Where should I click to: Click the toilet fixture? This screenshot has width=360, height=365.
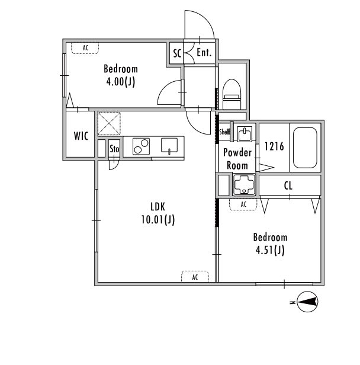pos(232,94)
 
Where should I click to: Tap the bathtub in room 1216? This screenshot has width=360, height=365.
pos(305,148)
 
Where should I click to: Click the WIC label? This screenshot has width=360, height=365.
pos(81,136)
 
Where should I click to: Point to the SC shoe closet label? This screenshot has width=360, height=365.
pos(177,53)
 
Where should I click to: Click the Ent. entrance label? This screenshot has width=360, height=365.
pos(204,52)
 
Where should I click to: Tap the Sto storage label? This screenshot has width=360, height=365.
pos(114,149)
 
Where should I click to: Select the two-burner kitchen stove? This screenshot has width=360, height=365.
pos(141,146)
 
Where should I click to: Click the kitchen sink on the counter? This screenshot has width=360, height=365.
pos(169,146)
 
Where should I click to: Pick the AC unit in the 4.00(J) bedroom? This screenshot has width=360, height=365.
pos(85,48)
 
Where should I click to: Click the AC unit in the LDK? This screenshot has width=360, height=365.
pos(195,277)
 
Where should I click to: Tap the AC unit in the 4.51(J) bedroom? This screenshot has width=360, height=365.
pos(243,204)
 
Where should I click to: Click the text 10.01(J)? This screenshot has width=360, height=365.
pos(158,219)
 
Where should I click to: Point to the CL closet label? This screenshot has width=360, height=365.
pos(288,185)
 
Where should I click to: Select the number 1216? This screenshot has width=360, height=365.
pos(274,146)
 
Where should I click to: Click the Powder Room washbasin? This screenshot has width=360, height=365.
pos(245,134)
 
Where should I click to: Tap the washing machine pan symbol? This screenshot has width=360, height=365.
pos(244,185)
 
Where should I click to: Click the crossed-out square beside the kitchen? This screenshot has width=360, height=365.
pos(109,124)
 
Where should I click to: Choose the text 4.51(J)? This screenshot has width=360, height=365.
pos(270,250)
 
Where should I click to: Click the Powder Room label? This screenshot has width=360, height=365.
pos(237,159)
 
